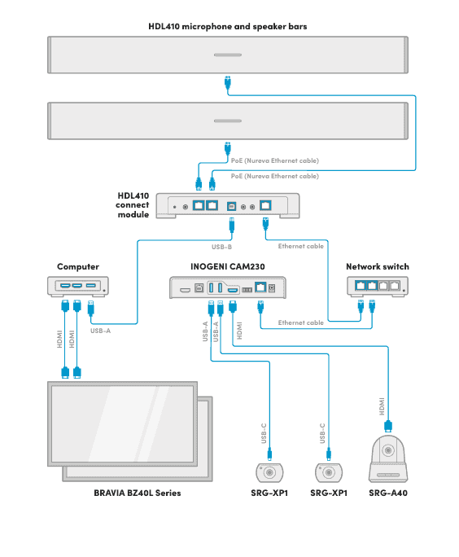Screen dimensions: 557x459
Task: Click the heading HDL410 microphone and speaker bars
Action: click(227, 26)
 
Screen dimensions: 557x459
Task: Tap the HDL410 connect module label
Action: click(133, 204)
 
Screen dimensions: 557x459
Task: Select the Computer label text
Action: click(78, 266)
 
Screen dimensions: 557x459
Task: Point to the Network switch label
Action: click(377, 266)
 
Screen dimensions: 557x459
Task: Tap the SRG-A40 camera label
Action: click(387, 493)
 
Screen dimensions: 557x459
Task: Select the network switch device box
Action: click(377, 286)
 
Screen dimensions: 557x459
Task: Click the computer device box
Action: click(78, 286)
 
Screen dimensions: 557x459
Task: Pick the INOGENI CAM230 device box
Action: click(227, 287)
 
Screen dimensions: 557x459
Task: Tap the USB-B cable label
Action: click(222, 245)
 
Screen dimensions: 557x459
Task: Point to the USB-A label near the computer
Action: click(101, 331)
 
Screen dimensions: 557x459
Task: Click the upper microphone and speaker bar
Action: click(227, 55)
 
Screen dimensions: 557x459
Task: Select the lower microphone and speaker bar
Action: click(227, 121)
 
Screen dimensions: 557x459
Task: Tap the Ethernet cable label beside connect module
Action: click(300, 245)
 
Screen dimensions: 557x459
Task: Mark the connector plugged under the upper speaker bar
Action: click(228, 82)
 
